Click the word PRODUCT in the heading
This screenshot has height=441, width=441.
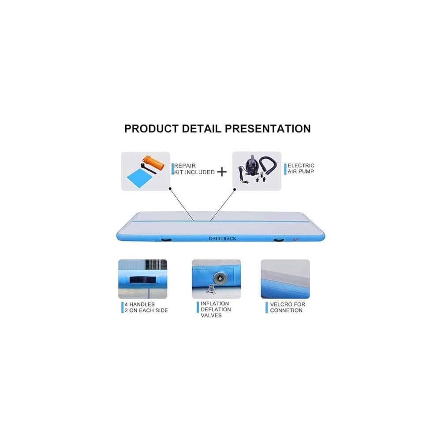[x=150, y=129]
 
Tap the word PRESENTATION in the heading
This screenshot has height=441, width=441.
[x=268, y=129]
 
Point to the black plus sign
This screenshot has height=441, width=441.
[x=222, y=172]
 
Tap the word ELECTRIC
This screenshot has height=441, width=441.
[x=301, y=165]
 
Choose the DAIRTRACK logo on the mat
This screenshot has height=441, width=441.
[x=222, y=239]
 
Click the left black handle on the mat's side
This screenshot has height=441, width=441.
[x=166, y=240]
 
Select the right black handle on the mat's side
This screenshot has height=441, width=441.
[x=279, y=240]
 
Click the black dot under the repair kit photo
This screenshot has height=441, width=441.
[x=170, y=188]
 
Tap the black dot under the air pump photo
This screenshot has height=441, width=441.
[x=235, y=189]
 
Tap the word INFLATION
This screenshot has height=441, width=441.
[x=215, y=303]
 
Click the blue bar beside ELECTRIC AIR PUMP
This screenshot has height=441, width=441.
[x=285, y=168]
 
